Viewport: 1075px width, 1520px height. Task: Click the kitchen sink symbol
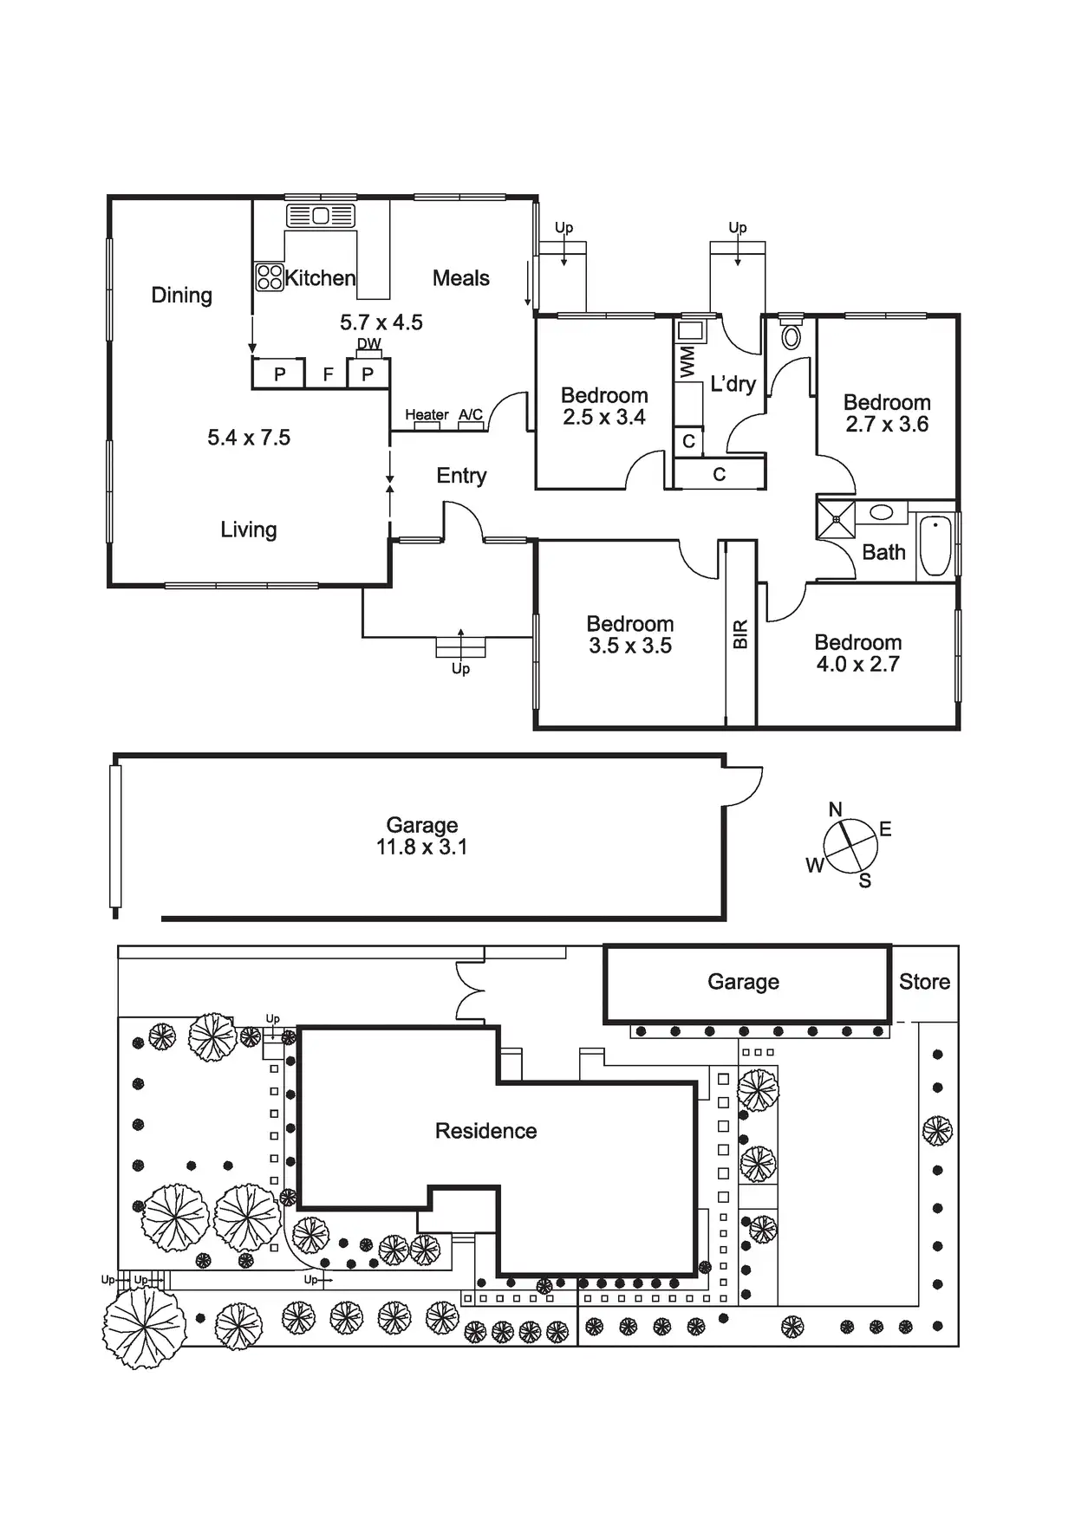[x=321, y=215]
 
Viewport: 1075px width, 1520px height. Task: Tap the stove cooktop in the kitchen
[x=270, y=277]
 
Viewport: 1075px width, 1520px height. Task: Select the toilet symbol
[x=791, y=335]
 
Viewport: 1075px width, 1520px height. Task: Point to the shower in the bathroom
[x=836, y=519]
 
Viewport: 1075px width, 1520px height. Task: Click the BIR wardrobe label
[x=740, y=634]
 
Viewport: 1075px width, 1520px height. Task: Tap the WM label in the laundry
[x=687, y=361]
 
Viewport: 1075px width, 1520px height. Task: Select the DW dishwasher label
[x=369, y=344]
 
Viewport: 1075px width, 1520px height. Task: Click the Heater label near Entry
[x=427, y=415]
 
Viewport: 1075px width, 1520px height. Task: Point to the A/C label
[x=471, y=415]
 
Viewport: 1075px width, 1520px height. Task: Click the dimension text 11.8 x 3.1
[x=421, y=848]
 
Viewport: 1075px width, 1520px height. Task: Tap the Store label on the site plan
[x=924, y=982]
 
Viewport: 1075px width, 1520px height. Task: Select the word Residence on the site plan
[x=485, y=1131]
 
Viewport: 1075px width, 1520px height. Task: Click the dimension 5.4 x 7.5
[x=249, y=438]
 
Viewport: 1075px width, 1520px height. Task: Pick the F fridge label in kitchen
[x=328, y=375]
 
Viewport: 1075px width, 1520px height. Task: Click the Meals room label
[x=460, y=278]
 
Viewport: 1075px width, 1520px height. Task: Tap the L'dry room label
[x=733, y=384]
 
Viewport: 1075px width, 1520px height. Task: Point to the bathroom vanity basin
[x=882, y=512]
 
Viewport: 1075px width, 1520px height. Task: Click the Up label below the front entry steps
[x=460, y=669]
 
